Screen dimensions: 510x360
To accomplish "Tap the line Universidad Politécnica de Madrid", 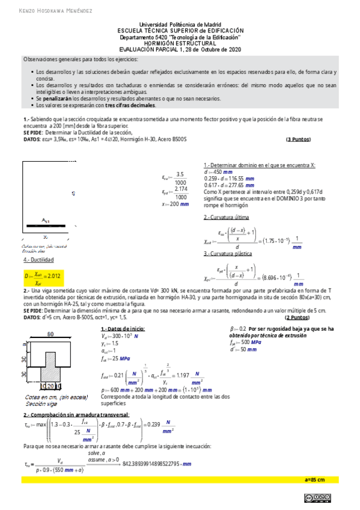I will pos(180,23).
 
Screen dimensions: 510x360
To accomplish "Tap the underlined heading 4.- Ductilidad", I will pos(38,260).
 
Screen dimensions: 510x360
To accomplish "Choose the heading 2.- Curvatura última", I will pos(227,217).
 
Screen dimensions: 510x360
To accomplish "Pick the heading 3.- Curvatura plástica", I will pos(229,254).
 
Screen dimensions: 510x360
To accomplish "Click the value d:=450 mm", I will pos(222,171).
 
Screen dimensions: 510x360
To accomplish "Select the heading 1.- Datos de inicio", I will pos(123,330).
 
